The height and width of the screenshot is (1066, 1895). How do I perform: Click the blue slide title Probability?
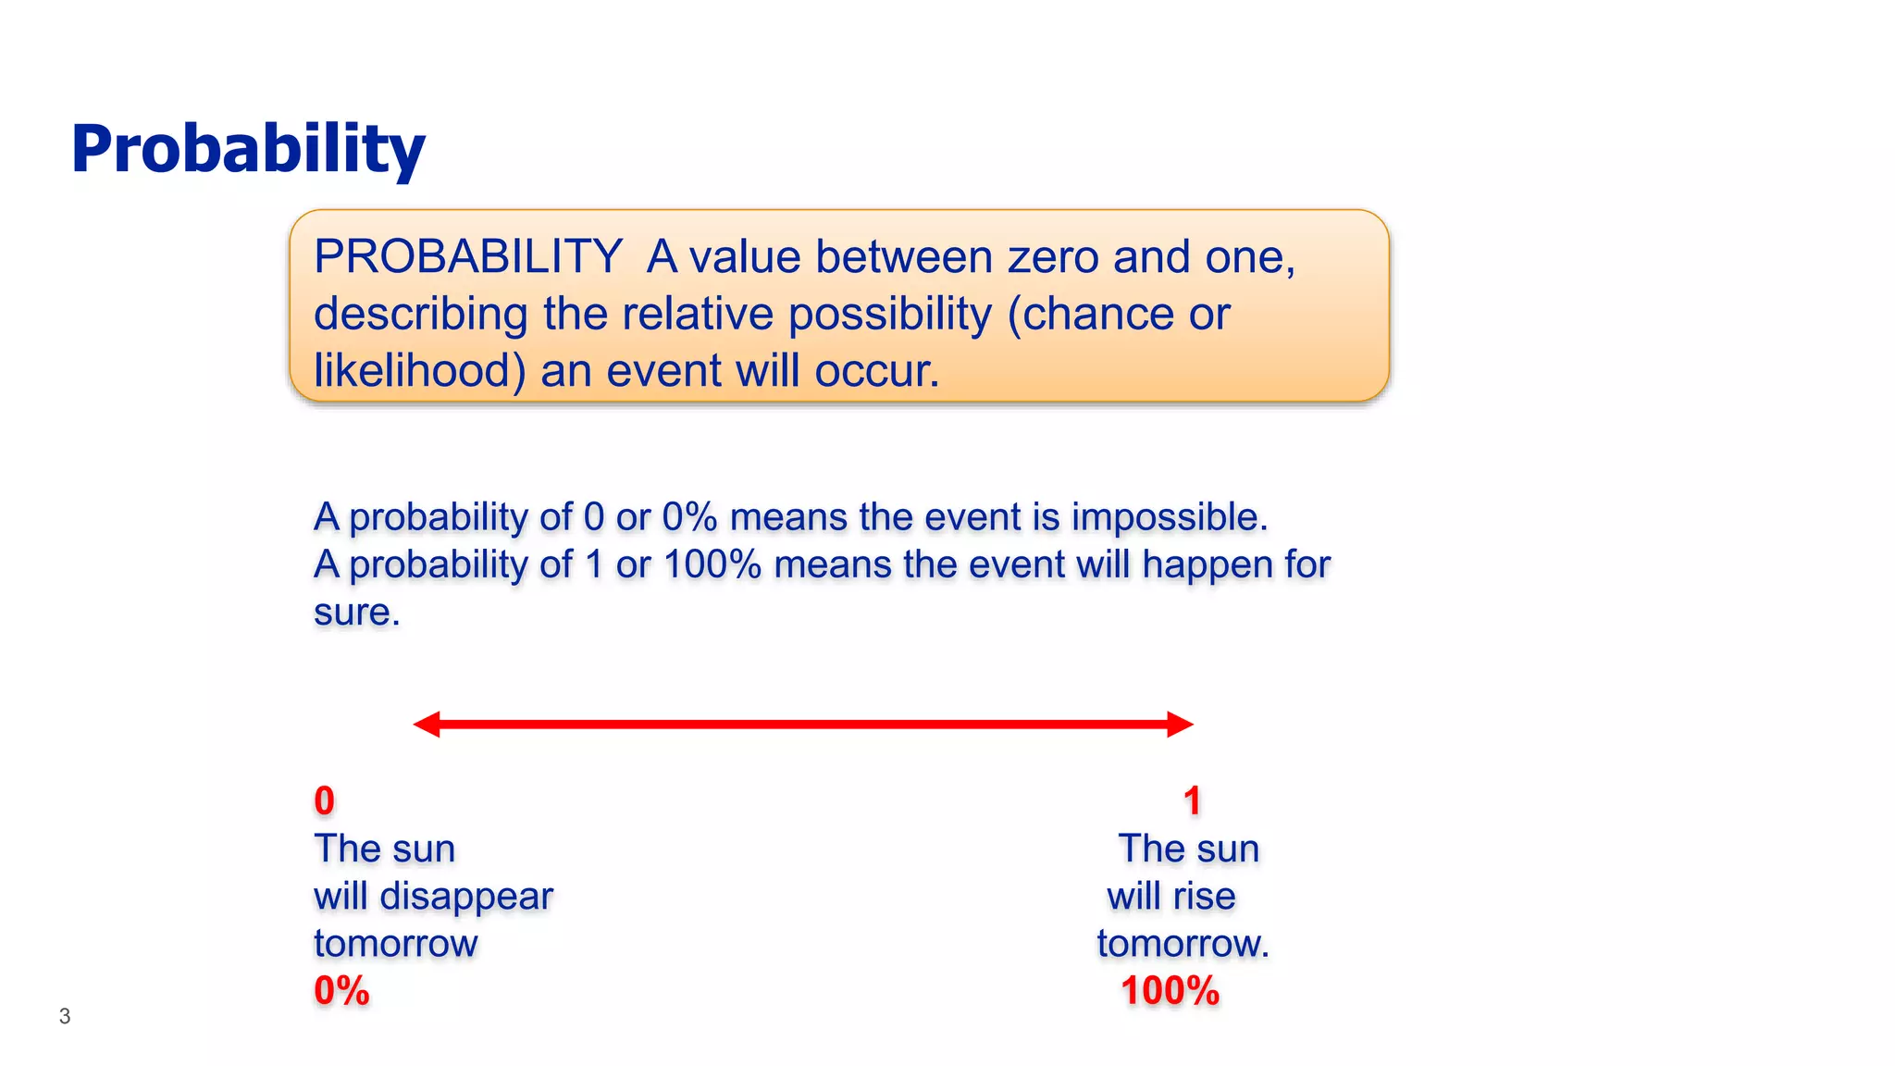click(248, 150)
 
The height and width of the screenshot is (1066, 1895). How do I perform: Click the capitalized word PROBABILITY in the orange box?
click(467, 256)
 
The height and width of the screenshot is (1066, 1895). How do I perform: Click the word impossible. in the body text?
click(1170, 517)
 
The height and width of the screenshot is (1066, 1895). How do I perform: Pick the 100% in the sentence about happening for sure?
click(712, 564)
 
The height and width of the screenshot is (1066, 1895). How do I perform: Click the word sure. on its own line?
click(356, 613)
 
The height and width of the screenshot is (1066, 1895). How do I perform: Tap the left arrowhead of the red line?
click(427, 725)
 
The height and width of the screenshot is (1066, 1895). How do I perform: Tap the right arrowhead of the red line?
click(1180, 725)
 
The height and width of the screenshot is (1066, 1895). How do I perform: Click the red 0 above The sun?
click(324, 801)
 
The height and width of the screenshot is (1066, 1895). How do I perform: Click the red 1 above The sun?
click(1192, 801)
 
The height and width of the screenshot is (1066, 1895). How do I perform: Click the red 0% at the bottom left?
click(341, 991)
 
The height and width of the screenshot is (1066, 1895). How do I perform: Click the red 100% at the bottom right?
click(1170, 991)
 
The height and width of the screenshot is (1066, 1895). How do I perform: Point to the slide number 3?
click(65, 1016)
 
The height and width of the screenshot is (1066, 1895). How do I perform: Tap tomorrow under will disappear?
click(396, 944)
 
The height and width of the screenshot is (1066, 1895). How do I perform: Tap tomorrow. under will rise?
click(1183, 944)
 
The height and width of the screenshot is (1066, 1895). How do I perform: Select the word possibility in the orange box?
click(889, 315)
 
